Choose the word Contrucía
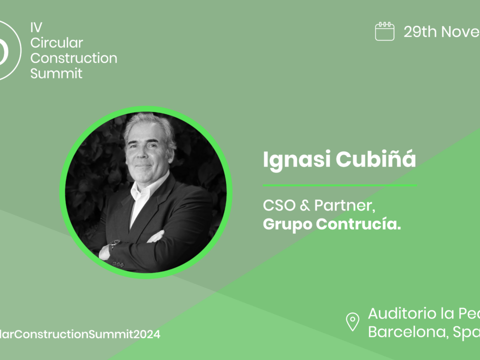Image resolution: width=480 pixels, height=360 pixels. [x=357, y=224]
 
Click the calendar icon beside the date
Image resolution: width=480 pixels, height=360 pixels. [x=384, y=31]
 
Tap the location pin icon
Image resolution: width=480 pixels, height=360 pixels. [x=353, y=321]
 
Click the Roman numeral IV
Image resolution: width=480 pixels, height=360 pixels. [x=36, y=28]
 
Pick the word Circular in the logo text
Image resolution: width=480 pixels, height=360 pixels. [x=56, y=43]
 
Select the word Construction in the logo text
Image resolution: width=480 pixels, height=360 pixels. [x=73, y=58]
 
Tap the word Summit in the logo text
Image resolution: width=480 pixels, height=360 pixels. [x=56, y=73]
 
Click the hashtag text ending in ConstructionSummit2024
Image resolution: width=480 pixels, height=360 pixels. [x=80, y=334]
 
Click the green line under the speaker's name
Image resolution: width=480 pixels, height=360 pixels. [x=340, y=185]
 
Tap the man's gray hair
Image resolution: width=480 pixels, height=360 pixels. [x=150, y=125]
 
